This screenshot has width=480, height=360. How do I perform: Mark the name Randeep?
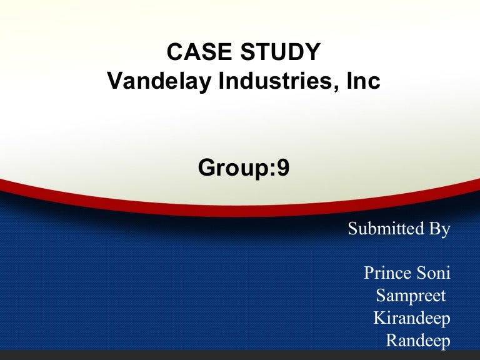418,341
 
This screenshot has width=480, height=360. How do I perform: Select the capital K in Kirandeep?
379,319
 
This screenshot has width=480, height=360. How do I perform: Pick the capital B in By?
434,229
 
